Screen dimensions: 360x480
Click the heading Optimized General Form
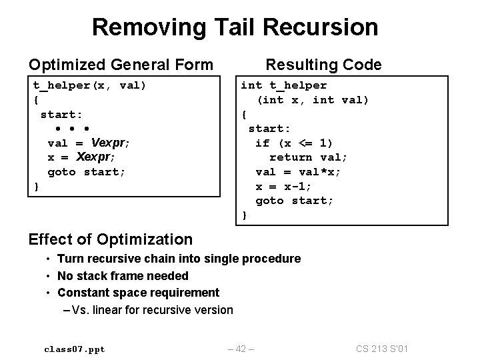121,65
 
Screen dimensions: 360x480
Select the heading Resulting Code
323,65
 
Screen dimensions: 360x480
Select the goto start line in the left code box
87,172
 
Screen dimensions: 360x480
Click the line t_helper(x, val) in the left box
90,85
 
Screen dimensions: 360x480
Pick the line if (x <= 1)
294,143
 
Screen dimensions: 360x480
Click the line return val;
308,157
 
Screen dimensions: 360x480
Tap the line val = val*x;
298,172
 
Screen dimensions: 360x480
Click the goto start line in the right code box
294,201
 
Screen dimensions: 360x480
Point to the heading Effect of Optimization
111,239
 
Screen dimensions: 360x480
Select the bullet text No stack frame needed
123,275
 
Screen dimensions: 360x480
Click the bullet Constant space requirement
138,292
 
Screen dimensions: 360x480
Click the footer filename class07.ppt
74,349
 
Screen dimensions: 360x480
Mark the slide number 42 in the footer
241,349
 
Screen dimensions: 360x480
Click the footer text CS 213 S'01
383,349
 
